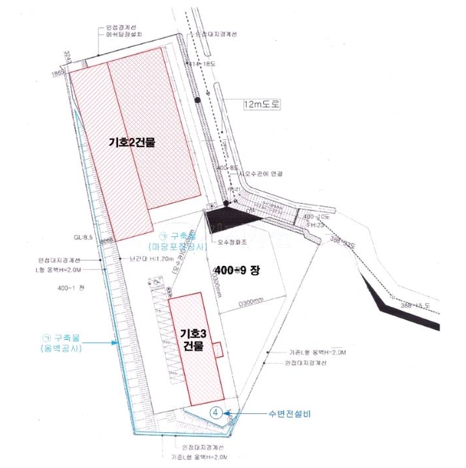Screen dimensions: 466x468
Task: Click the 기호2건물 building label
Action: [131, 142]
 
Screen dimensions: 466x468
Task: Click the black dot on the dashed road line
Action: [196, 100]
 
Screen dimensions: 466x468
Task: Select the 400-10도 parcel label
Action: [316, 217]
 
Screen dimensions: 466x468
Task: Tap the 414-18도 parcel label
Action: [202, 63]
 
